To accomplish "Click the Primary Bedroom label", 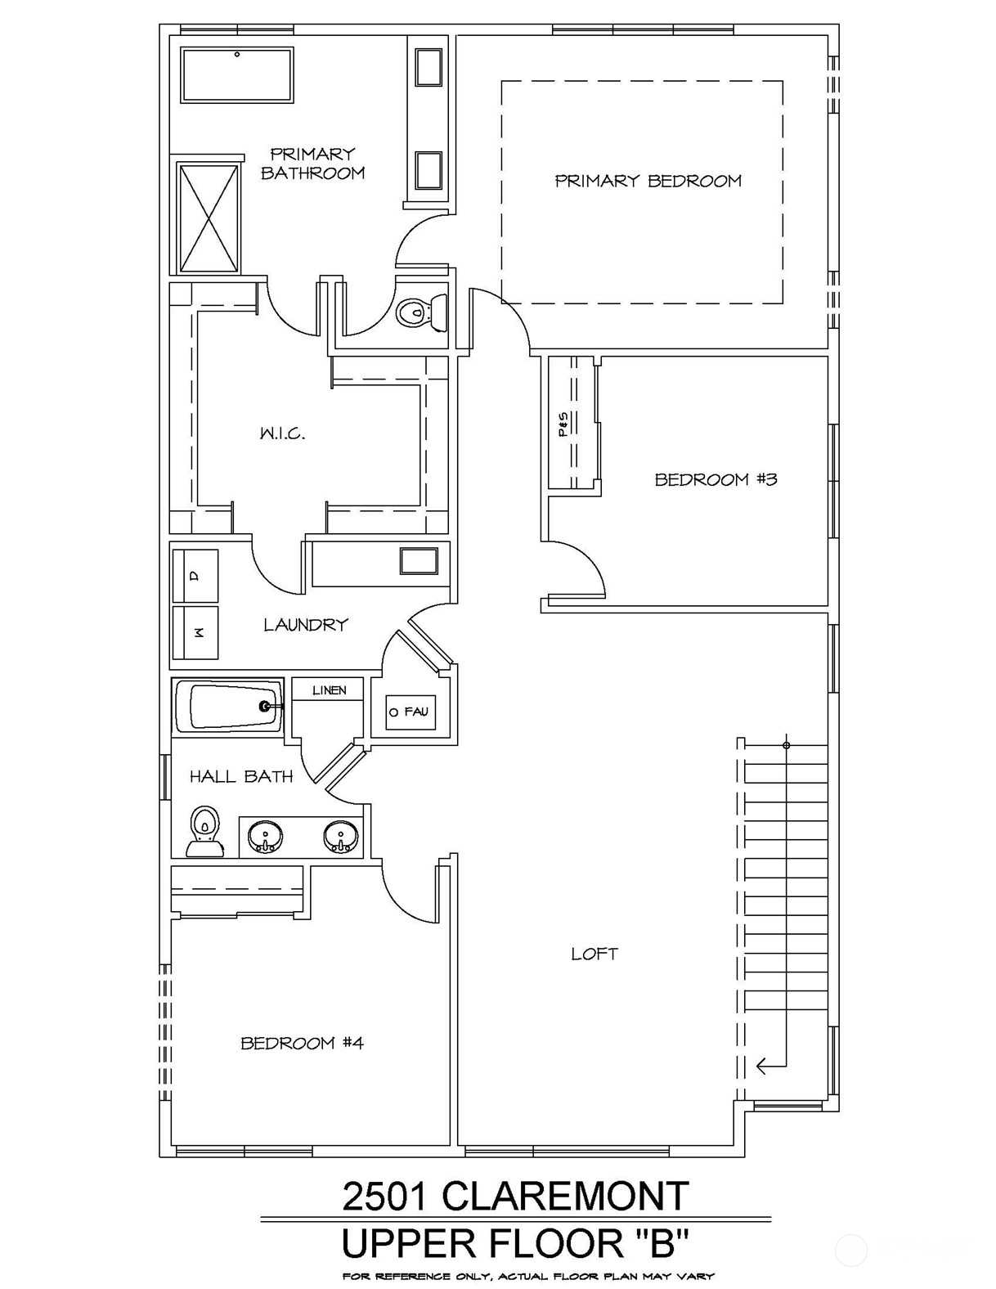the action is pos(648,181).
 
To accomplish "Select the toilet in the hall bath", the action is pos(204,831).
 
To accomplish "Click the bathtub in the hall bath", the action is pos(228,705).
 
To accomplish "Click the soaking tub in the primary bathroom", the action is pos(237,76).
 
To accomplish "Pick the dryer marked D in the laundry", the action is pos(195,576).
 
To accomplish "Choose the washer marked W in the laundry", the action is pos(195,633).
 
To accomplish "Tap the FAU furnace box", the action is pos(411,712).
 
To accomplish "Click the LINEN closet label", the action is pos(329,690).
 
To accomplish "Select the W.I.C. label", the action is pos(282,433).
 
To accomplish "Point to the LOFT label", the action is pos(594,954).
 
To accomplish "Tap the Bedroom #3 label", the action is pos(716,479).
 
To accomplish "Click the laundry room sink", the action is pos(419,561).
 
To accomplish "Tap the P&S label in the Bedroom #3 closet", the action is pos(563,425).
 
